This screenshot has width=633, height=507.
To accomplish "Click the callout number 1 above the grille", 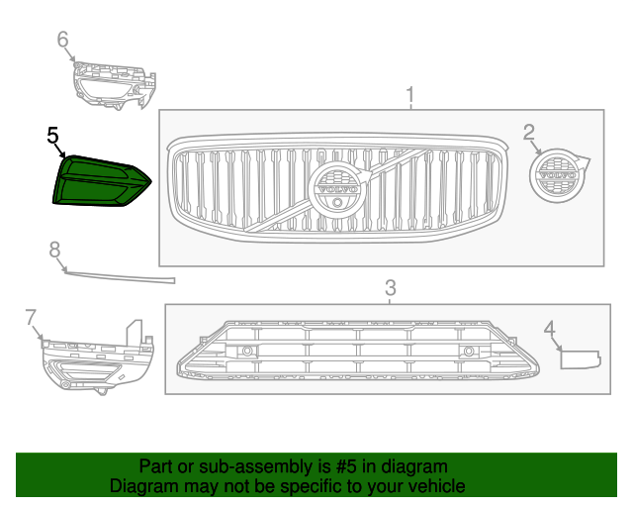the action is (410, 95).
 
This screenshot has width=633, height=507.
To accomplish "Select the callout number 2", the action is (529, 133).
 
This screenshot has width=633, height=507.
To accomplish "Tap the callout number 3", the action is (391, 288).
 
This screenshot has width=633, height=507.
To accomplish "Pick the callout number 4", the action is (550, 329).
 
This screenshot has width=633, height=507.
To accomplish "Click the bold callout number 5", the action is (52, 135).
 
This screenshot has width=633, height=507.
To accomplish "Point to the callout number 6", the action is (62, 40).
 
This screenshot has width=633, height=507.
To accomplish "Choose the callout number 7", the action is (31, 318).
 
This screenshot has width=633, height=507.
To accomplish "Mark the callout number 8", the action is (55, 250).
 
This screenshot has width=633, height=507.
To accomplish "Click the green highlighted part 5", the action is (102, 181).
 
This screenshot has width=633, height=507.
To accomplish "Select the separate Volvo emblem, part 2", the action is (559, 175).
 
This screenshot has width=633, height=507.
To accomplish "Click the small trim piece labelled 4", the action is (581, 359).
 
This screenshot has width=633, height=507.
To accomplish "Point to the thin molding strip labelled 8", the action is (120, 277).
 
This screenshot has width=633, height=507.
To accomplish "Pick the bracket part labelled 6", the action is (115, 85).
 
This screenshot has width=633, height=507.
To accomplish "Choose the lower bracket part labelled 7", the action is (98, 357).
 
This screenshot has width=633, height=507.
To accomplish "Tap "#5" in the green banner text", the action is (346, 466).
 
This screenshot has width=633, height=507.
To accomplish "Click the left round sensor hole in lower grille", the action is (247, 351).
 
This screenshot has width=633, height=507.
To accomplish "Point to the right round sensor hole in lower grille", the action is (469, 351).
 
